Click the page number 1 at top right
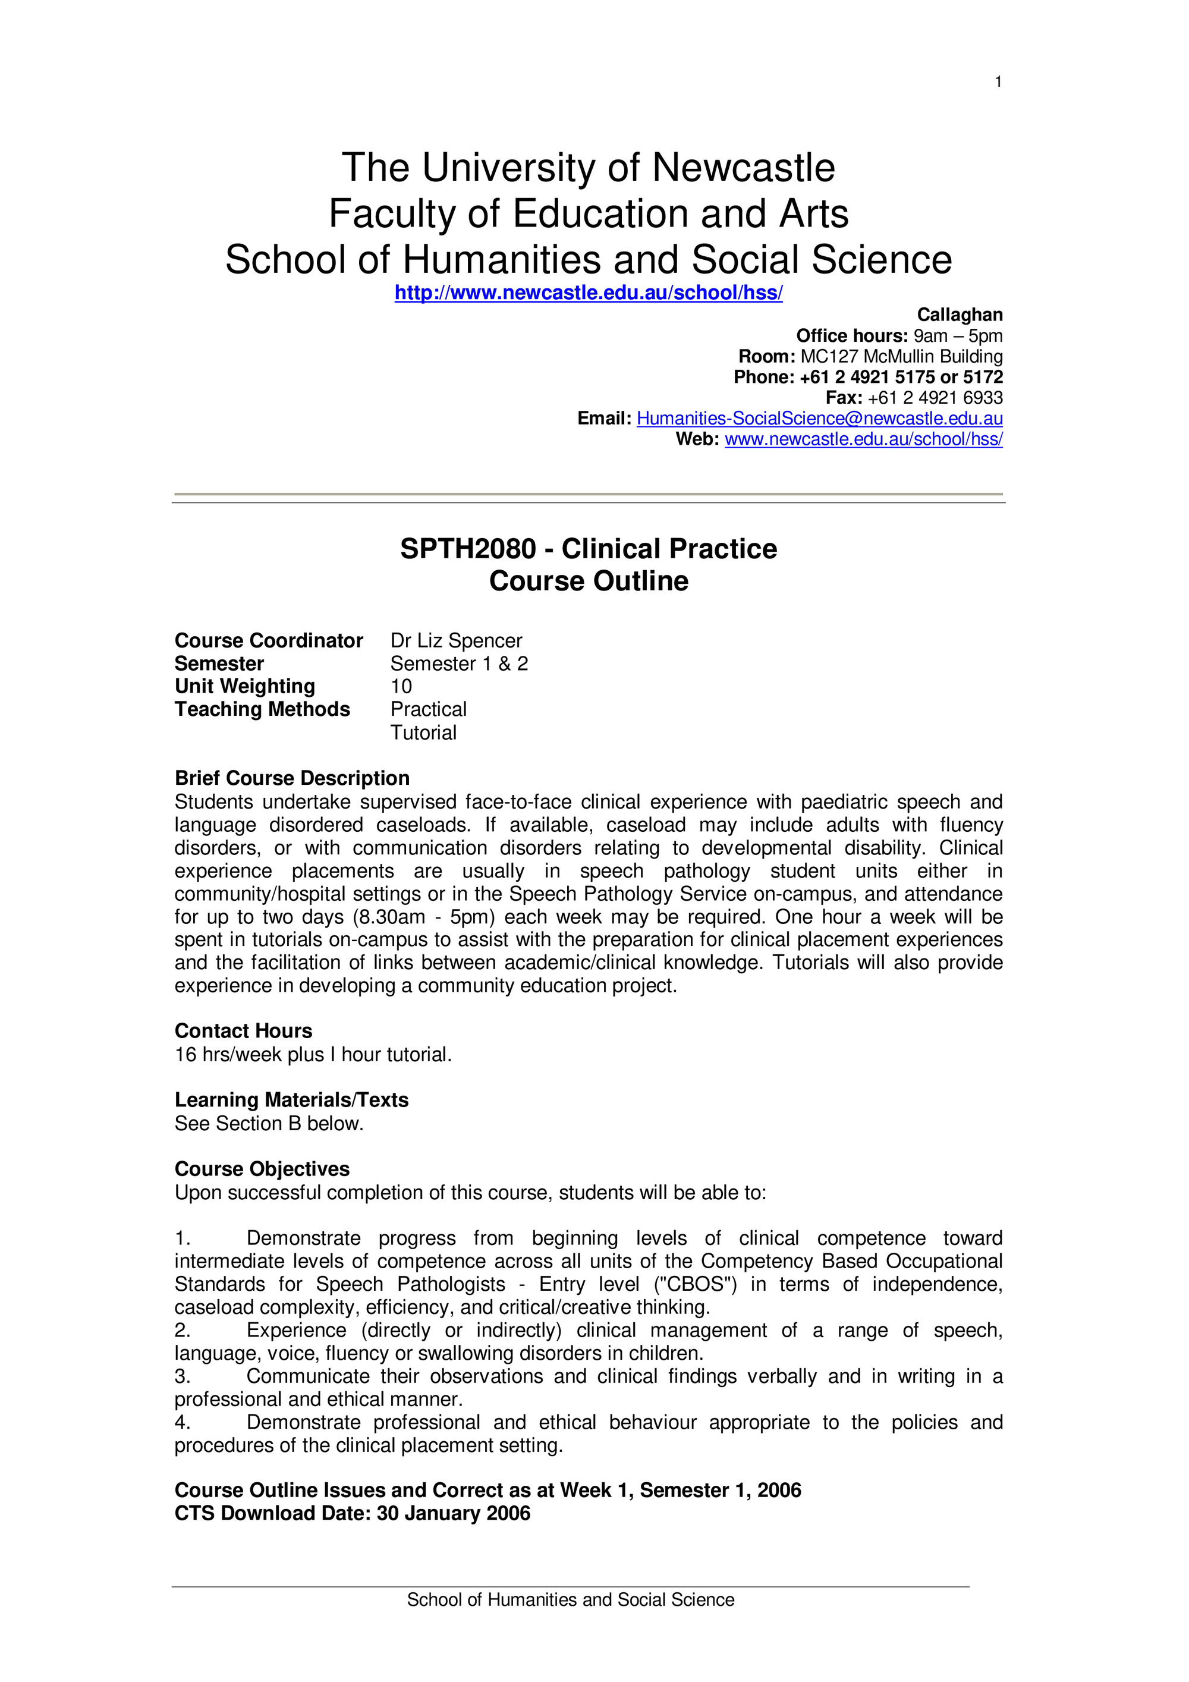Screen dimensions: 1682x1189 click(998, 82)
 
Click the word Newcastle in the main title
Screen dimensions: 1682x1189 click(743, 168)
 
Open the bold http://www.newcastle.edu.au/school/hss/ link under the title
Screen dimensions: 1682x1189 click(589, 293)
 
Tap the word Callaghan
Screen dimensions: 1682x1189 click(959, 315)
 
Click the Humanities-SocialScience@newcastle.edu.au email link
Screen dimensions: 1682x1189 click(819, 419)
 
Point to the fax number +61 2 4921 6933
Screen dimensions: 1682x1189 click(935, 398)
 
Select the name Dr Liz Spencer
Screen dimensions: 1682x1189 click(455, 640)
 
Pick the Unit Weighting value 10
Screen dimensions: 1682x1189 click(401, 687)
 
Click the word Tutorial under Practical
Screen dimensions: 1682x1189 click(423, 732)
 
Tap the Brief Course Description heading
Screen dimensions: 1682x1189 click(291, 778)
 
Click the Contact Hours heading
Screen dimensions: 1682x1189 click(243, 1031)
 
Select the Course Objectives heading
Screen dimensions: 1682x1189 click(262, 1168)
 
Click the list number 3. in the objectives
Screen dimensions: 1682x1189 click(183, 1376)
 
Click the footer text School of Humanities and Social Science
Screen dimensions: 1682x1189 click(570, 1600)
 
